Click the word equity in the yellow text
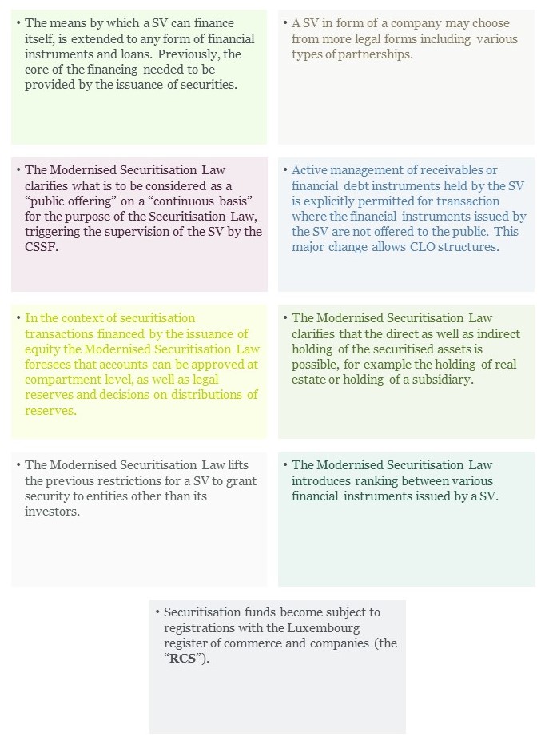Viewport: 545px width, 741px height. tap(43, 349)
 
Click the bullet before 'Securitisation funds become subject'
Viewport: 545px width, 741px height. tap(157, 612)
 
